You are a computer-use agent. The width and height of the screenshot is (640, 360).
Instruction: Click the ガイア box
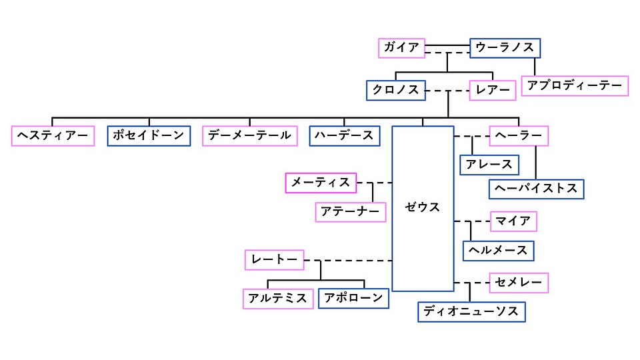point(401,47)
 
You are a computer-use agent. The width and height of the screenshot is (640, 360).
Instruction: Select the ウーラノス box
point(505,48)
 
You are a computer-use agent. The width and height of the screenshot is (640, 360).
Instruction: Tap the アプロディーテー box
point(575,86)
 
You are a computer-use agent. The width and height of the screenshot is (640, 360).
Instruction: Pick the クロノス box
point(395,90)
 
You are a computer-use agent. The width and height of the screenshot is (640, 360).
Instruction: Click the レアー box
point(493,90)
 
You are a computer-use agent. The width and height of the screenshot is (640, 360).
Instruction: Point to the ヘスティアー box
point(53,135)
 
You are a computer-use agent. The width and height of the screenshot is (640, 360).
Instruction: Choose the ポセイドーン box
point(147,135)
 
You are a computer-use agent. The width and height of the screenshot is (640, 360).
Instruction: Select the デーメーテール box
point(249,135)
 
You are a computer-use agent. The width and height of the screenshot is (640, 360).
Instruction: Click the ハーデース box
point(345,135)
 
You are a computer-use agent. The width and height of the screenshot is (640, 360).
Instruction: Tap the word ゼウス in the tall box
point(423,207)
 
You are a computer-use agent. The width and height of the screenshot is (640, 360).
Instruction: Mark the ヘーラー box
point(519,135)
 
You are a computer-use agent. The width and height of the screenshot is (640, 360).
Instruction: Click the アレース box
point(489,164)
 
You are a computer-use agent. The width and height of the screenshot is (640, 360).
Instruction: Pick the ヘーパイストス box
point(537,189)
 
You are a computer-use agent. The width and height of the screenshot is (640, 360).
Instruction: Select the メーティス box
point(321,182)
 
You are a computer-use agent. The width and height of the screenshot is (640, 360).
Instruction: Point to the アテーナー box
point(351,212)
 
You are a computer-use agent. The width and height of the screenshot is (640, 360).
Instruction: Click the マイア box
point(513,221)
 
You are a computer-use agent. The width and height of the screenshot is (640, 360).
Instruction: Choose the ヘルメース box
point(499,251)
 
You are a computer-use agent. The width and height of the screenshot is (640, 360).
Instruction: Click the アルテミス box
point(278,298)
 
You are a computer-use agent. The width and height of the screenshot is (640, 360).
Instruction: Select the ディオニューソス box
point(471,311)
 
